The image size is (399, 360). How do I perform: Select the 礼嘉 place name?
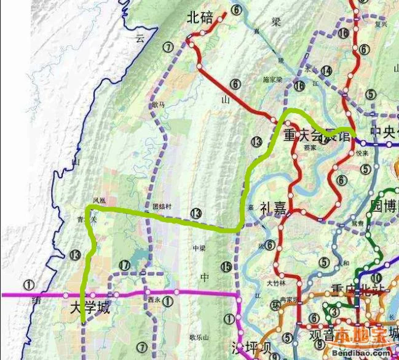[273, 208]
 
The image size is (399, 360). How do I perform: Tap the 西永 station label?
[154, 300]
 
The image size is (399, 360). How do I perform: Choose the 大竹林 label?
[276, 284]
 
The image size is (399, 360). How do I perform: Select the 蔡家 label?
[309, 148]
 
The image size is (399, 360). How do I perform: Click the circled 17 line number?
[125, 265]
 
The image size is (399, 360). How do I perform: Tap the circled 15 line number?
[227, 266]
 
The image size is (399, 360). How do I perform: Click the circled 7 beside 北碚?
[169, 47]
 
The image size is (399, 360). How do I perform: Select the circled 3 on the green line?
[334, 312]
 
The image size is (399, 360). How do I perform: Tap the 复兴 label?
[381, 25]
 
